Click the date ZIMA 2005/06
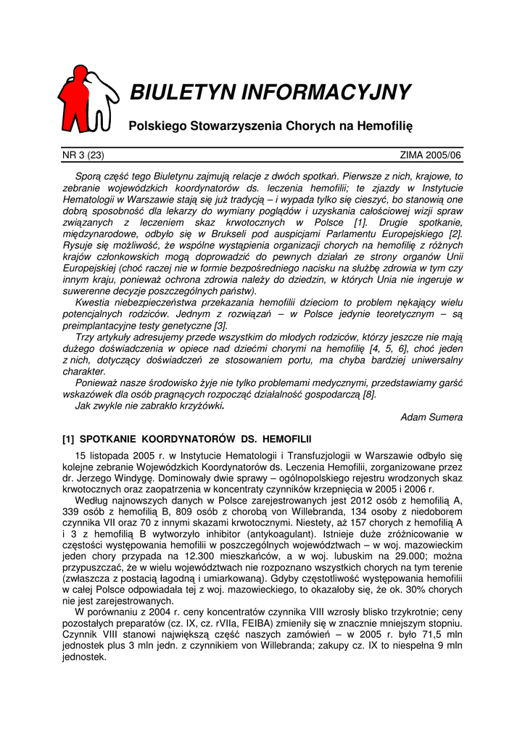pyautogui.click(x=431, y=155)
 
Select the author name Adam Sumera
pyautogui.click(x=431, y=417)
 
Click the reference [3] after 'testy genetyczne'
pyautogui.click(x=220, y=326)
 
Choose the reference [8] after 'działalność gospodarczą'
pyautogui.click(x=370, y=394)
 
